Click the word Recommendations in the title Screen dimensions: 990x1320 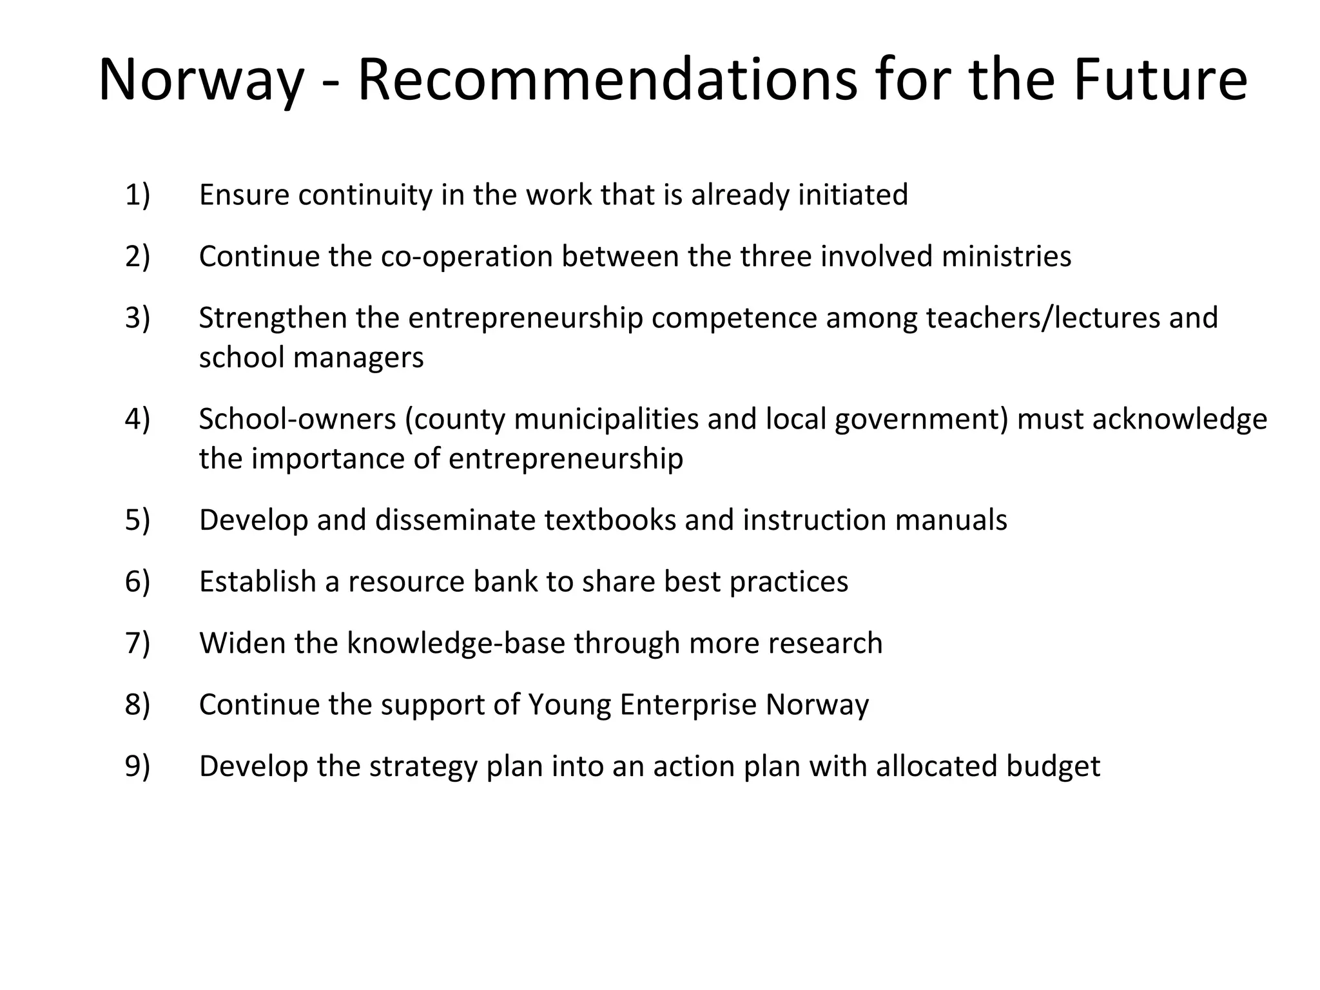coord(607,81)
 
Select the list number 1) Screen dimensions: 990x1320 coord(137,195)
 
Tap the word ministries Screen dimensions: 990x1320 coord(1006,257)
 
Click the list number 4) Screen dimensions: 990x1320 coord(137,419)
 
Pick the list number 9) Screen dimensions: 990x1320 coord(137,766)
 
